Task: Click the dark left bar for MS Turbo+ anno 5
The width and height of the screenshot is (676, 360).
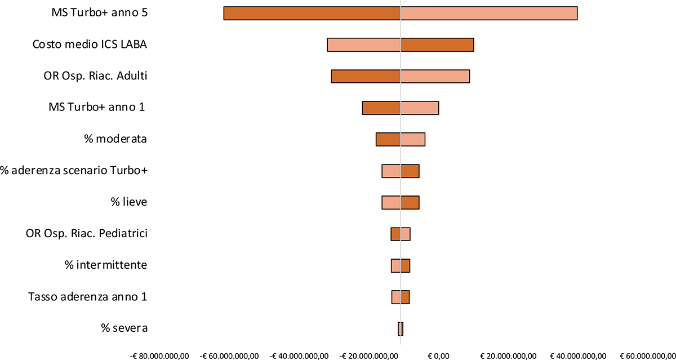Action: [x=312, y=13]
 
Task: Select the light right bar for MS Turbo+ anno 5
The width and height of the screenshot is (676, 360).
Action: [x=488, y=13]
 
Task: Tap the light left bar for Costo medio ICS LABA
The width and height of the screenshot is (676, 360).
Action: [x=363, y=45]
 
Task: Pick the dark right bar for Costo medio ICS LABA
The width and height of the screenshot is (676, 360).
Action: [x=437, y=45]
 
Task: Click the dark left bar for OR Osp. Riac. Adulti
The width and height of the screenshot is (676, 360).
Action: [x=366, y=76]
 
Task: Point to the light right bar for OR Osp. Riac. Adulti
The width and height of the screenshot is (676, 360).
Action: [x=434, y=76]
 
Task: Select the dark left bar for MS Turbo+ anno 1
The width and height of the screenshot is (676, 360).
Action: [x=381, y=108]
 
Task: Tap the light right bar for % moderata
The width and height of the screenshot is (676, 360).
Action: [x=412, y=139]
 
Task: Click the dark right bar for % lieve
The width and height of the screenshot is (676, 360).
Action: [x=410, y=202]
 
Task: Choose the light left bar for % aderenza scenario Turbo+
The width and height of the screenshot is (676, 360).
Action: [x=391, y=171]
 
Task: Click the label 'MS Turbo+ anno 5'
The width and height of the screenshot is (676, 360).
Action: [x=99, y=13]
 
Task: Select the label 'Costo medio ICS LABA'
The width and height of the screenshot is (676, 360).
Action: [x=90, y=45]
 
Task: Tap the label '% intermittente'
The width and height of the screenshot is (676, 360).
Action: [x=106, y=265]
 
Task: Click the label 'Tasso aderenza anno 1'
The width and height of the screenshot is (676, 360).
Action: [x=87, y=296]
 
